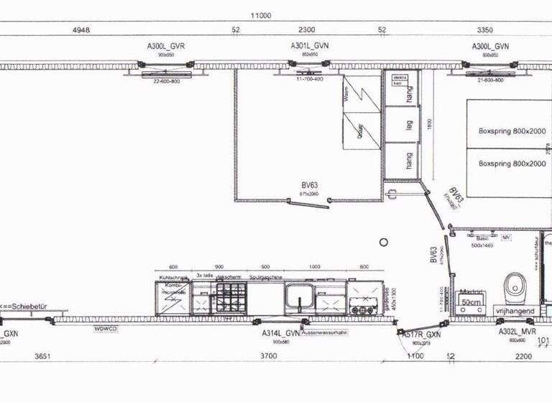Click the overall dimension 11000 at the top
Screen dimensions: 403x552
(x=260, y=15)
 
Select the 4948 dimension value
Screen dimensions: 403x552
(x=81, y=30)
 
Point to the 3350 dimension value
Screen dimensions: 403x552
(x=486, y=30)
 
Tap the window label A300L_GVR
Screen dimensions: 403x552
(x=166, y=46)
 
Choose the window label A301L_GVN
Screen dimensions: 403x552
(x=310, y=46)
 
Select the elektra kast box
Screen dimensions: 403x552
(x=400, y=80)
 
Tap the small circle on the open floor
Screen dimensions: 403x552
(x=384, y=242)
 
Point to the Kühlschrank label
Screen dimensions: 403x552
(x=172, y=276)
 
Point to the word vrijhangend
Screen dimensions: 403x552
(x=515, y=310)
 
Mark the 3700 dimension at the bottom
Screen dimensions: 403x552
(x=268, y=356)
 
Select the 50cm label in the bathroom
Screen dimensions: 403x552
(x=469, y=303)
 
